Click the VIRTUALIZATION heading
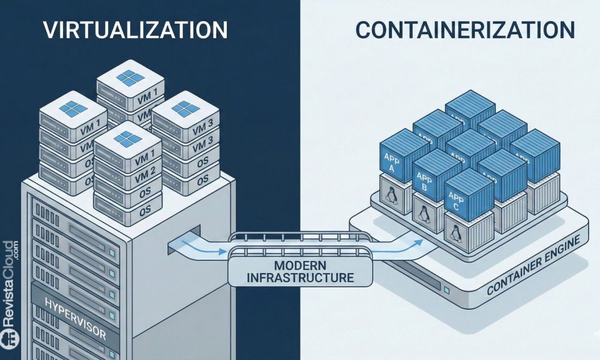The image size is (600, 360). (135, 30)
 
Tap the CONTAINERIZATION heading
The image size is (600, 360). (464, 30)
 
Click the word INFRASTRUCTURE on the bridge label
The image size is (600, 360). (301, 278)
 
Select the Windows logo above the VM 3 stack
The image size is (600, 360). (182, 108)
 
